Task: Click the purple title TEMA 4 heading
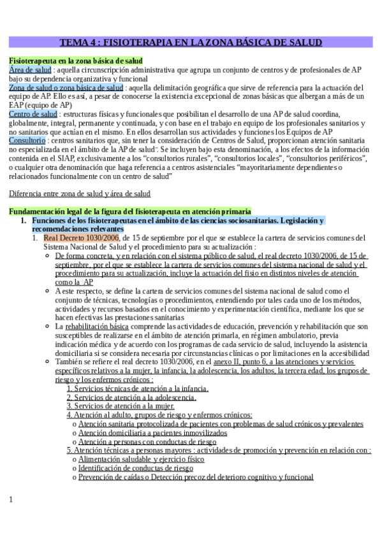(191, 43)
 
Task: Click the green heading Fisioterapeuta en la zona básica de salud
(75, 60)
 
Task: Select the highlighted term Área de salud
(31, 69)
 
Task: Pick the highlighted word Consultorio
(27, 139)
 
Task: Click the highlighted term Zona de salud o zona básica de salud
(66, 87)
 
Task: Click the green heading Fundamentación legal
(129, 211)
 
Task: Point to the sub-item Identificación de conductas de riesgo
(136, 467)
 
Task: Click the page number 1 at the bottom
(11, 499)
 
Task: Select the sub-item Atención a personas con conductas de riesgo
(147, 441)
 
